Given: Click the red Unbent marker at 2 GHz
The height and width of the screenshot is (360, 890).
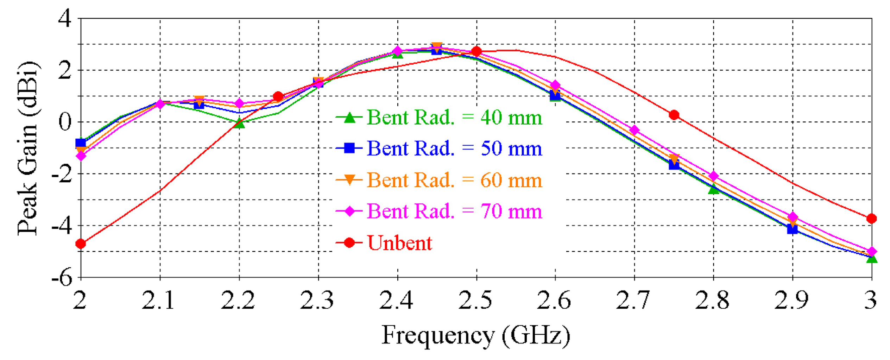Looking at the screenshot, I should pyautogui.click(x=81, y=244).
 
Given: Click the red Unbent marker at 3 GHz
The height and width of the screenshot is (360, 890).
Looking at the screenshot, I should pyautogui.click(x=871, y=219).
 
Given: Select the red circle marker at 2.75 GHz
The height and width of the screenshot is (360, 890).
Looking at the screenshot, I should pyautogui.click(x=674, y=115).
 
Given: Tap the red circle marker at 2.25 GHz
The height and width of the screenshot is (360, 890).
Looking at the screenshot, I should pyautogui.click(x=278, y=96).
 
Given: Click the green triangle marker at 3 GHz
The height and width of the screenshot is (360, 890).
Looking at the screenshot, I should pyautogui.click(x=871, y=259).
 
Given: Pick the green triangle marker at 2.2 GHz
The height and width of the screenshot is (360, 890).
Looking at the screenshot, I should pyautogui.click(x=239, y=124).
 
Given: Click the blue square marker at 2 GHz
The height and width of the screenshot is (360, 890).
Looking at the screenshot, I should pyautogui.click(x=81, y=143).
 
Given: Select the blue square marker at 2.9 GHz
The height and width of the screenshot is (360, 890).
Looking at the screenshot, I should pyautogui.click(x=792, y=229).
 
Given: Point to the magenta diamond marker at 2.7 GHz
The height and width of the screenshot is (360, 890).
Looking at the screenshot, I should pyautogui.click(x=634, y=130).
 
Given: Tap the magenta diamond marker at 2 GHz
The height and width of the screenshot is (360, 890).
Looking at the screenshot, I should pyautogui.click(x=81, y=156).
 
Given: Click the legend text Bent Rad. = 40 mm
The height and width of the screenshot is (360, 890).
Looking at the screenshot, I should pyautogui.click(x=454, y=118).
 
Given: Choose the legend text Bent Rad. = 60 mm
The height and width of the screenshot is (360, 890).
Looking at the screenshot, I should pyautogui.click(x=454, y=180).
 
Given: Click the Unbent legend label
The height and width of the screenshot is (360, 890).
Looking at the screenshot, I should pyautogui.click(x=399, y=243).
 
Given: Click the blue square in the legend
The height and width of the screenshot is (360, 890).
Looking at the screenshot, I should pyautogui.click(x=349, y=148).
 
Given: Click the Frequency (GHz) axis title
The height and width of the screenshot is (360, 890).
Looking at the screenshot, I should pyautogui.click(x=475, y=335).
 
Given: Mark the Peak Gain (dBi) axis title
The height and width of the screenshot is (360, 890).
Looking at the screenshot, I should pyautogui.click(x=28, y=148).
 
